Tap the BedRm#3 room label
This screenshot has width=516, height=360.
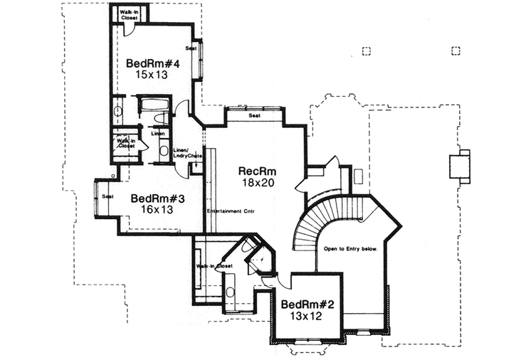(157, 198)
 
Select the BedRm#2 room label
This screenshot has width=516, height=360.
(307, 305)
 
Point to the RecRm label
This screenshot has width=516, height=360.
(258, 171)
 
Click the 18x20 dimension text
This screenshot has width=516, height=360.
(257, 183)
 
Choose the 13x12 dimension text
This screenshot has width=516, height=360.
(307, 317)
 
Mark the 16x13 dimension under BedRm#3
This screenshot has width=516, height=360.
(157, 211)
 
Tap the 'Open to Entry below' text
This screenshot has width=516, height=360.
(351, 250)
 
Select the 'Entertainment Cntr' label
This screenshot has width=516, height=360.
(231, 212)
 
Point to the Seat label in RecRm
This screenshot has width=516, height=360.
(254, 115)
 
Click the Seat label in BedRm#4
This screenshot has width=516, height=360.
(191, 48)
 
